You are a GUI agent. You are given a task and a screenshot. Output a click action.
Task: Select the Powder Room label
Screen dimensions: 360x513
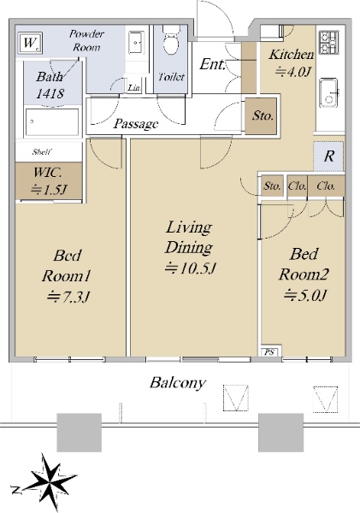click(x=86, y=40)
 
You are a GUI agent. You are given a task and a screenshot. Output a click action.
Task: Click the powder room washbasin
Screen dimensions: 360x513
click(x=135, y=42)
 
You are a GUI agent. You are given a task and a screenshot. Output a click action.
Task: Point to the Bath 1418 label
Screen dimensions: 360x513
click(x=50, y=85)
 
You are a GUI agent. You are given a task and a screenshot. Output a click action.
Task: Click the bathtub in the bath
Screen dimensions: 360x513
click(x=51, y=121)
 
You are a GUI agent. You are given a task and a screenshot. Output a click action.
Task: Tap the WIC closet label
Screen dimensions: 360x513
click(x=49, y=181)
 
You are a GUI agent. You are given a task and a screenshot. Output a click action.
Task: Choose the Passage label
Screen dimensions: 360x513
click(x=136, y=124)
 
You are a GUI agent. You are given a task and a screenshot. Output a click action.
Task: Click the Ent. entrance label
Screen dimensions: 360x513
click(x=212, y=64)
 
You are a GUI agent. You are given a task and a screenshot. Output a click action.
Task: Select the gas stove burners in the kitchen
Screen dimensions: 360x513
click(x=329, y=42)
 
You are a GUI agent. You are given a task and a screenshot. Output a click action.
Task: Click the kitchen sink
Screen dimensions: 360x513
click(x=329, y=92)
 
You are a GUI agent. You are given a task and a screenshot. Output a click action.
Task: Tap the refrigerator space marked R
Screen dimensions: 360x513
click(x=328, y=156)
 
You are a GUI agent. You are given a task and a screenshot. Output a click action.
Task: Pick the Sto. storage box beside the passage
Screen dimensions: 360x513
click(x=261, y=115)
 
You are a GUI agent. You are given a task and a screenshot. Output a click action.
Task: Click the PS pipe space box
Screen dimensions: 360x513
click(x=269, y=352)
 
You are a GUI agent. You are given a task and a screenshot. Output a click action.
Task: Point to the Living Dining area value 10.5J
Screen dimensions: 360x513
click(x=190, y=268)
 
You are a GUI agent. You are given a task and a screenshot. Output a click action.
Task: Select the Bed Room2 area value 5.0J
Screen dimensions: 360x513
click(x=304, y=295)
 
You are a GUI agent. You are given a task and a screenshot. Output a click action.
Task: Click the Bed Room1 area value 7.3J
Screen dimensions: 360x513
click(x=68, y=297)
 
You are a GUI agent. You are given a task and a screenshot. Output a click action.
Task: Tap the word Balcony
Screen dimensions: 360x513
click(x=178, y=383)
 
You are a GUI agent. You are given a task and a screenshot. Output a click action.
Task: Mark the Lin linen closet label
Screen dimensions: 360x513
click(x=133, y=87)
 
